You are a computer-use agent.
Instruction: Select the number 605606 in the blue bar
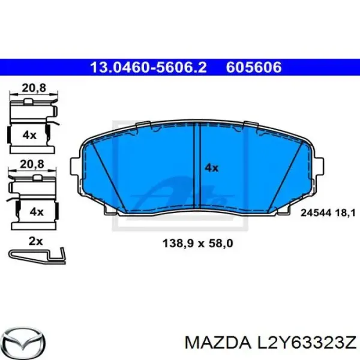(254, 67)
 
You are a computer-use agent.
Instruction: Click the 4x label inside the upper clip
(29, 135)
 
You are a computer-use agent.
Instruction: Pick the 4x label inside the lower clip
(37, 211)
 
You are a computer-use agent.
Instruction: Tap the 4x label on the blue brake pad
(211, 169)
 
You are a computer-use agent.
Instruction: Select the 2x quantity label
(36, 241)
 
